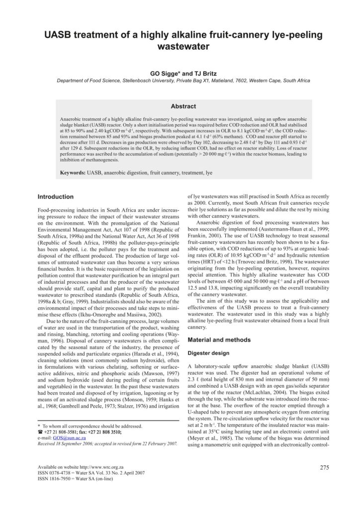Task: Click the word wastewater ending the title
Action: coord(180,48)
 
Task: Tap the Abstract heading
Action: coord(183,106)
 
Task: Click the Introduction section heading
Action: coord(56,196)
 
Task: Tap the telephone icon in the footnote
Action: coord(41,432)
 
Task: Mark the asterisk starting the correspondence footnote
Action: coord(40,426)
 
